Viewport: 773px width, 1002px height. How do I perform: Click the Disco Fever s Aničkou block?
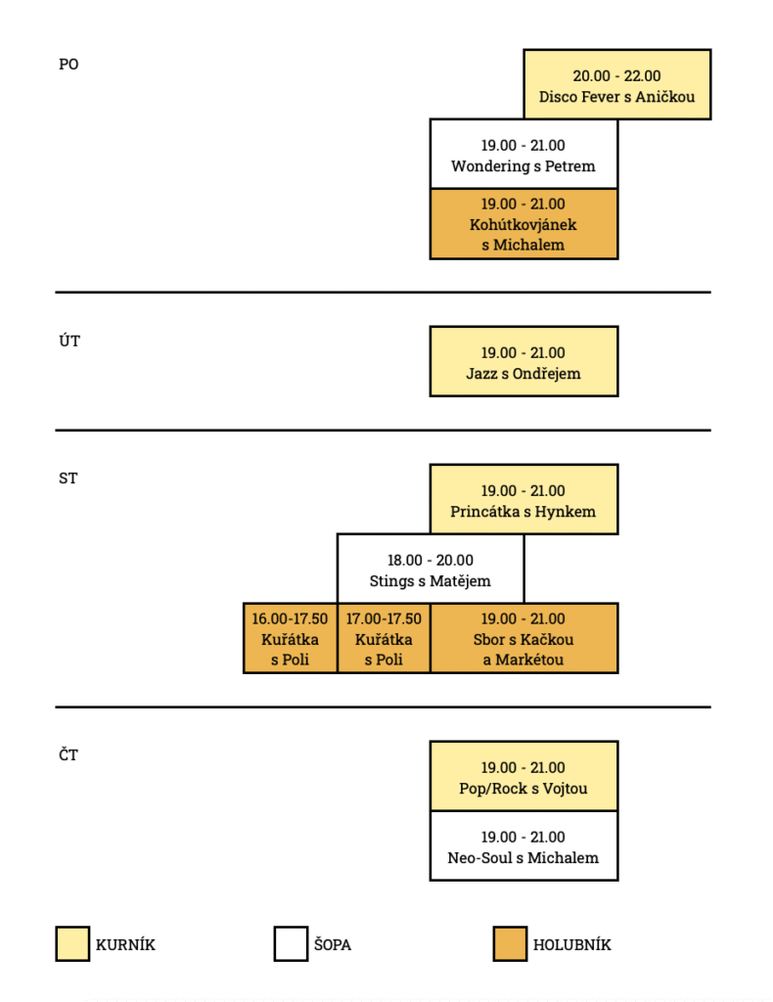click(616, 85)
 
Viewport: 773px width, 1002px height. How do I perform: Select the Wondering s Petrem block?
click(523, 155)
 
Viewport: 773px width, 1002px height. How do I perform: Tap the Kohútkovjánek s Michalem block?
click(523, 224)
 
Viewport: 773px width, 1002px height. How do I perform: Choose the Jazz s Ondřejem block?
click(523, 362)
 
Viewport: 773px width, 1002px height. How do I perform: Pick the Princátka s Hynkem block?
click(523, 500)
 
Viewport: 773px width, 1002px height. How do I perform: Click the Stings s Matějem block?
click(431, 569)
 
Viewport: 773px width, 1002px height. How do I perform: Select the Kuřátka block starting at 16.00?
click(290, 638)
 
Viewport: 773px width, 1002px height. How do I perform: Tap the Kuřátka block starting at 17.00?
click(384, 638)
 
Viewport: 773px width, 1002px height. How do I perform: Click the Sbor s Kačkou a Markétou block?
click(523, 638)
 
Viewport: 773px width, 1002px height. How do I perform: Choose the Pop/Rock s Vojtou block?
click(523, 777)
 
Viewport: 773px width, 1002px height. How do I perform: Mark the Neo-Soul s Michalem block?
click(523, 846)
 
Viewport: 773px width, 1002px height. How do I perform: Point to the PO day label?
click(68, 65)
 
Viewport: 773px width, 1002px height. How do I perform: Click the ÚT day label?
click(68, 341)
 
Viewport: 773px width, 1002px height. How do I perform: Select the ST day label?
click(68, 478)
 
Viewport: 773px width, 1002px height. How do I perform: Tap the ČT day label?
click(68, 755)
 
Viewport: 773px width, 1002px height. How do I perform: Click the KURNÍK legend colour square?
click(72, 944)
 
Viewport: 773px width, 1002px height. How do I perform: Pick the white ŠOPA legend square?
click(291, 944)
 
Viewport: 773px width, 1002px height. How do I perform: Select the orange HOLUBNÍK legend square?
click(510, 944)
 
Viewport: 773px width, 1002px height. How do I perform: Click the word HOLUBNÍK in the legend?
click(572, 945)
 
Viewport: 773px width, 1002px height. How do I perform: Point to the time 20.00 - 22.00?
click(616, 75)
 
